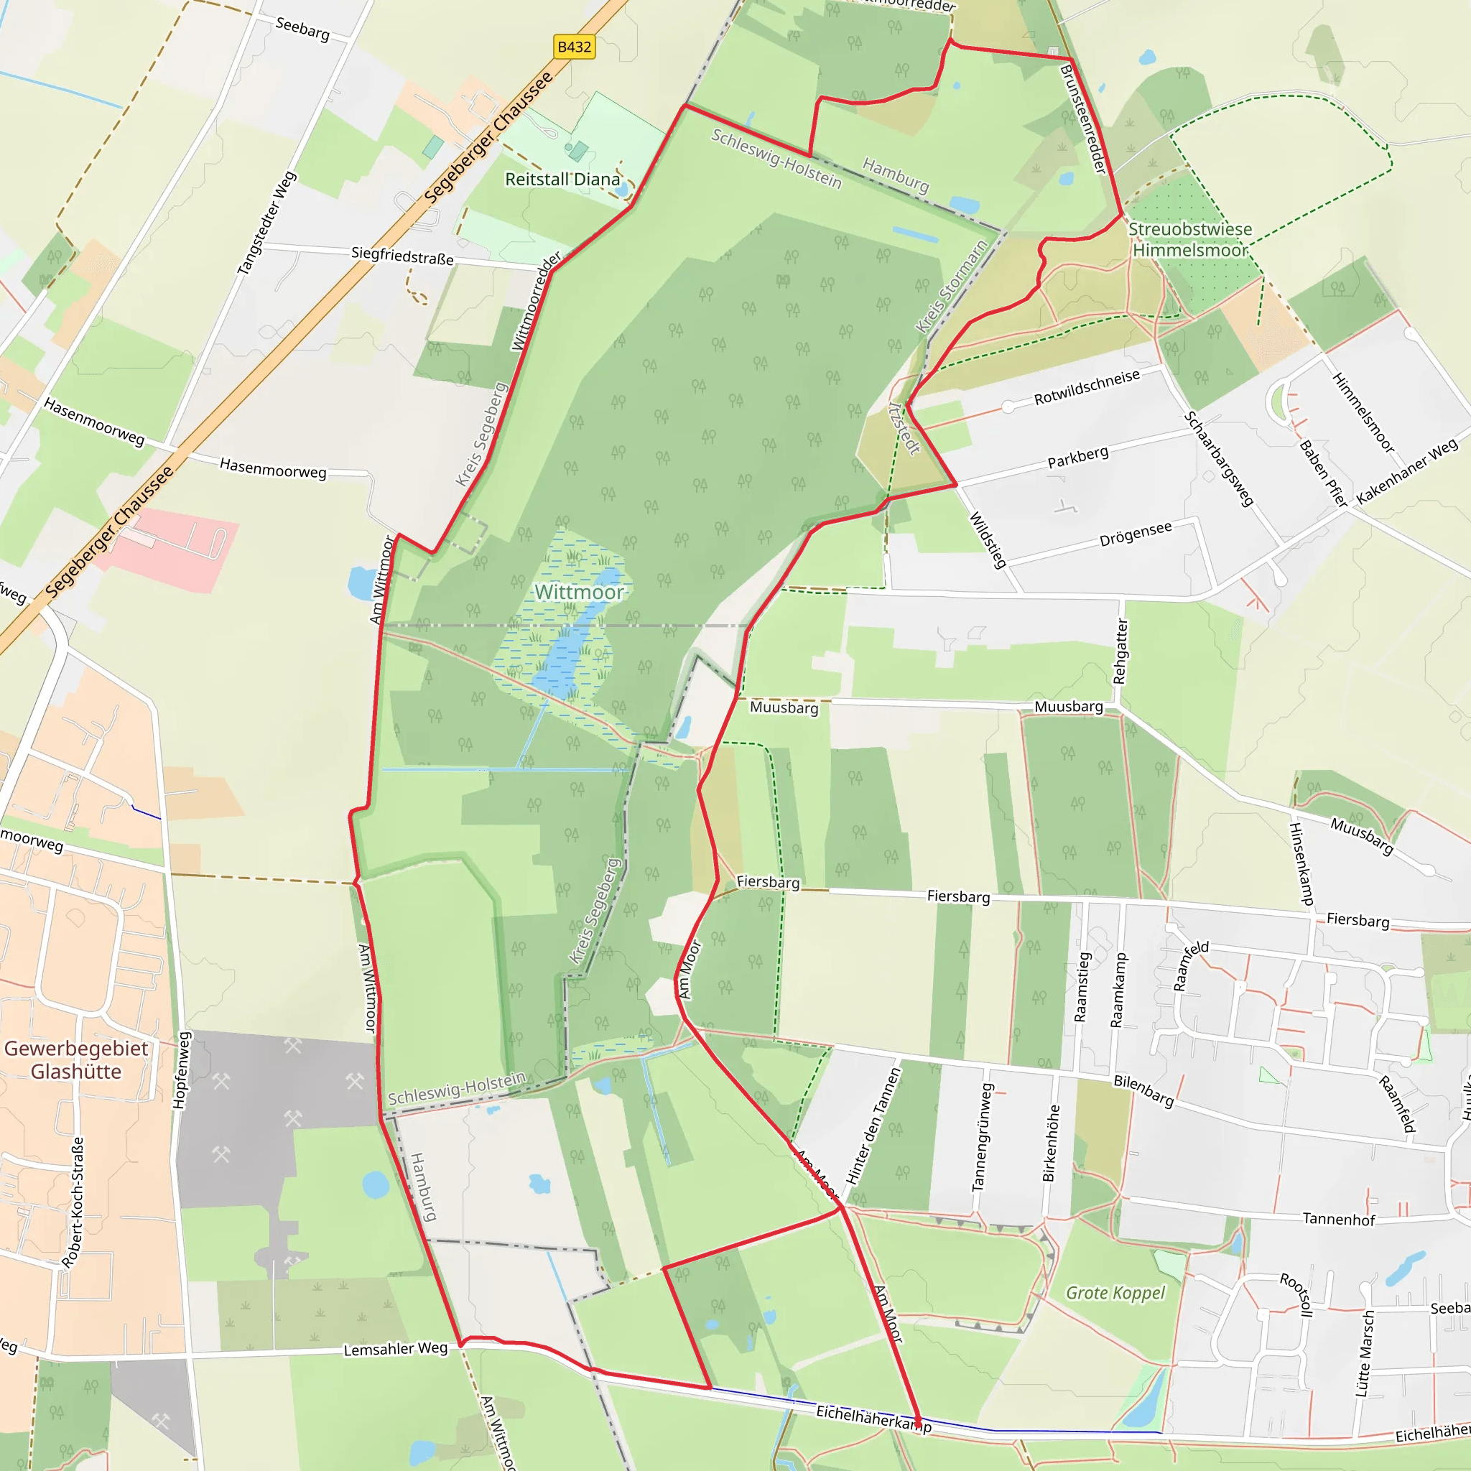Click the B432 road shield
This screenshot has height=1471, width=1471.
tap(574, 47)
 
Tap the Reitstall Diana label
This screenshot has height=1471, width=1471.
tap(562, 180)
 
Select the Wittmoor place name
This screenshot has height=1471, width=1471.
tap(579, 592)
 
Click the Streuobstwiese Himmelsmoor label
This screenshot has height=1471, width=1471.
tap(1189, 240)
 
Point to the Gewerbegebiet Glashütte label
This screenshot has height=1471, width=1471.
tap(76, 1060)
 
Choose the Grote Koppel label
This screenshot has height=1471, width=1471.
tap(1115, 1293)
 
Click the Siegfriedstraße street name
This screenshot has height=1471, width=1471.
tap(402, 256)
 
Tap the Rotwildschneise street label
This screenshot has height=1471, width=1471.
tap(1087, 387)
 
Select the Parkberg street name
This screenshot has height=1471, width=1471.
tap(1077, 457)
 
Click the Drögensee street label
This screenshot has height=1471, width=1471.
tap(1136, 534)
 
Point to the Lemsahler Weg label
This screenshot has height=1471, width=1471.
tap(395, 1349)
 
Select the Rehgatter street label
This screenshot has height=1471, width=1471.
tap(1120, 651)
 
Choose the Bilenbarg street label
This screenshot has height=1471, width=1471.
tap(1143, 1090)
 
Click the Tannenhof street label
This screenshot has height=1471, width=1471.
tap(1339, 1220)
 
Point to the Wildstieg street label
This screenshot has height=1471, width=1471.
tap(988, 540)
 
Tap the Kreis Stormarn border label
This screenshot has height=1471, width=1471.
tap(951, 287)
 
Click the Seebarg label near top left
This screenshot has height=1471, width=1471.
tap(302, 28)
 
